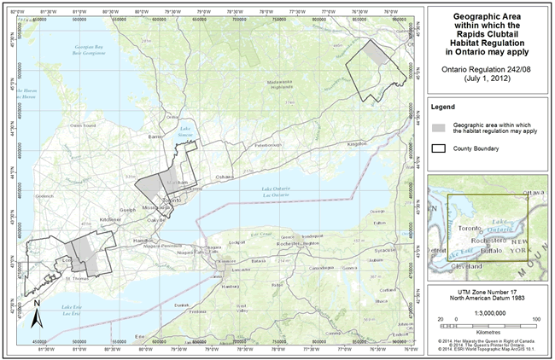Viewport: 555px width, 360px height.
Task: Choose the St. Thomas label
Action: [78, 277]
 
